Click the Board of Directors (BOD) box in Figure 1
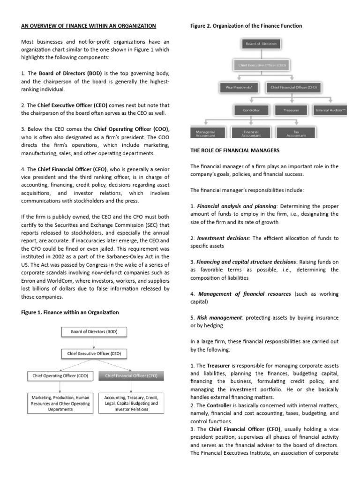click(x=94, y=332)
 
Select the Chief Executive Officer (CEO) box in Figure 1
click(x=94, y=354)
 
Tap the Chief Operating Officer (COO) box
click(x=60, y=375)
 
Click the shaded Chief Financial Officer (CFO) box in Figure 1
click(x=131, y=375)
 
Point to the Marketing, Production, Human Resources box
click(x=60, y=403)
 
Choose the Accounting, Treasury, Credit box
click(x=131, y=403)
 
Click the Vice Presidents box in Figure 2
click(x=240, y=87)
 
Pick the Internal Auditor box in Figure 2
click(x=331, y=111)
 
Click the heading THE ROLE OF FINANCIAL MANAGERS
click(x=235, y=150)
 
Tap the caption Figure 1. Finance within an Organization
click(x=70, y=312)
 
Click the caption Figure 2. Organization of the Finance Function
click(x=246, y=26)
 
